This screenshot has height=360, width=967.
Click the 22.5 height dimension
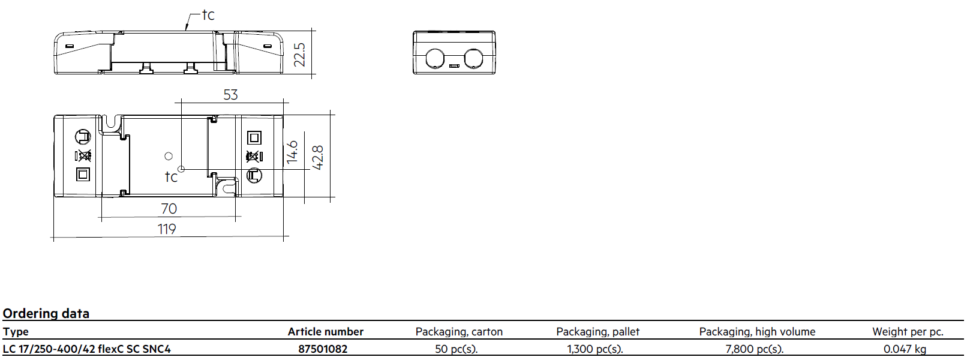click(299, 55)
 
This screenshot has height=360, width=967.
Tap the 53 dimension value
click(230, 95)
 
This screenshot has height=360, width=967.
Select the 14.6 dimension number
click(292, 152)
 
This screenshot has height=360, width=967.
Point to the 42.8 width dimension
click(317, 158)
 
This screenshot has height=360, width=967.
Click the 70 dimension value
click(169, 208)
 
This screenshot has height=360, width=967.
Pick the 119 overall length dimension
click(167, 229)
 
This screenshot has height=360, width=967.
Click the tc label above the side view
click(208, 14)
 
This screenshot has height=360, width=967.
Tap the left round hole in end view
click(435, 59)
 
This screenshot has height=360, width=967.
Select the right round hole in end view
click(473, 59)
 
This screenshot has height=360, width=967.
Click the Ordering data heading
click(46, 313)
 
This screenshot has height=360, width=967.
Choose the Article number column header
click(326, 332)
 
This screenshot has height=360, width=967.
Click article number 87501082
click(323, 349)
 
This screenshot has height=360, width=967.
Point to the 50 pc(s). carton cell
click(457, 349)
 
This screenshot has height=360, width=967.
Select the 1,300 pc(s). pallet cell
click(595, 349)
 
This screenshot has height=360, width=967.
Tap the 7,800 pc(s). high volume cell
click(754, 349)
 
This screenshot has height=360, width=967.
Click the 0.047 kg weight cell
click(905, 349)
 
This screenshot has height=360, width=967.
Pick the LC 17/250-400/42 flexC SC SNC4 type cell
click(87, 349)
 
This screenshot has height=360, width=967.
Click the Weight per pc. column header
click(908, 332)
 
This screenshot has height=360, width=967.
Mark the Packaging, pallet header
click(598, 332)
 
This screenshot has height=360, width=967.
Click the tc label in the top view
click(171, 176)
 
